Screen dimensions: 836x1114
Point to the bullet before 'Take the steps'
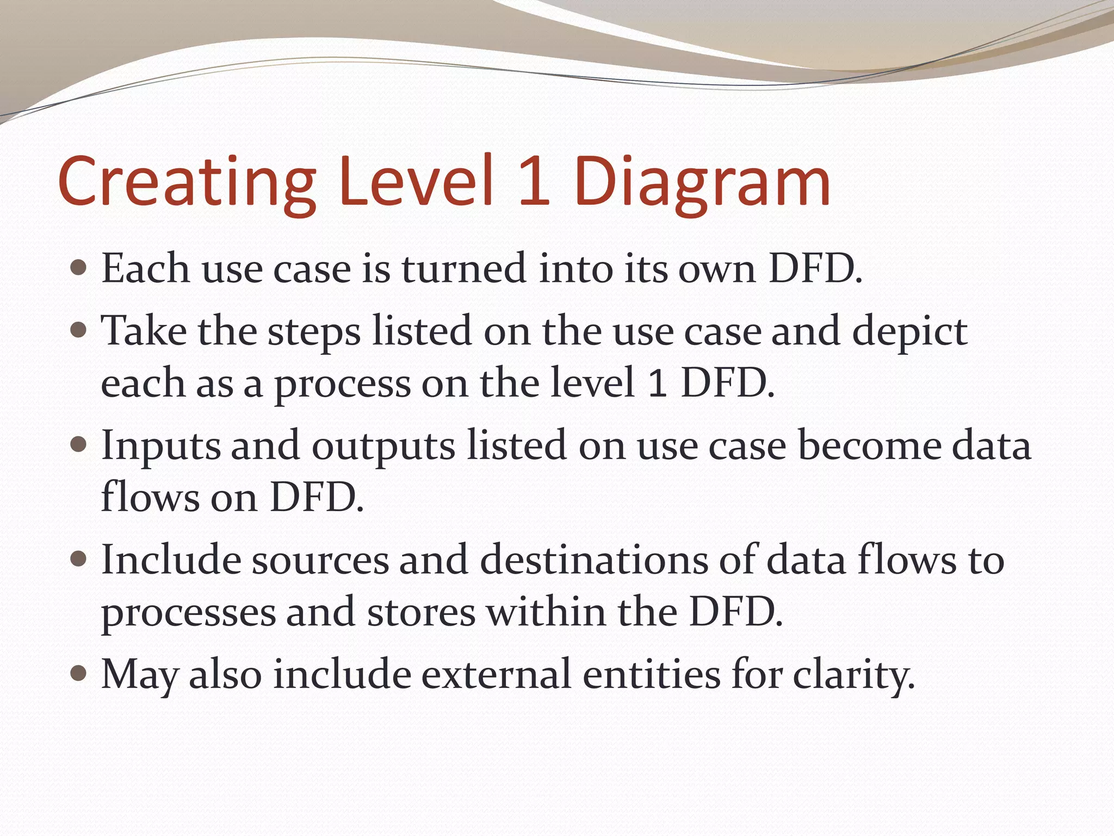click(79, 330)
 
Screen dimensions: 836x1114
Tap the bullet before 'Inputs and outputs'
click(79, 445)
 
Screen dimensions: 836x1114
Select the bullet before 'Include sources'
click(79, 560)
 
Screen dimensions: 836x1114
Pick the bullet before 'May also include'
click(79, 674)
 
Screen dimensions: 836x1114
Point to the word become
click(869, 445)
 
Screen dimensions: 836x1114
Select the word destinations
click(594, 560)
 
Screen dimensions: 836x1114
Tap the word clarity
click(853, 675)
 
